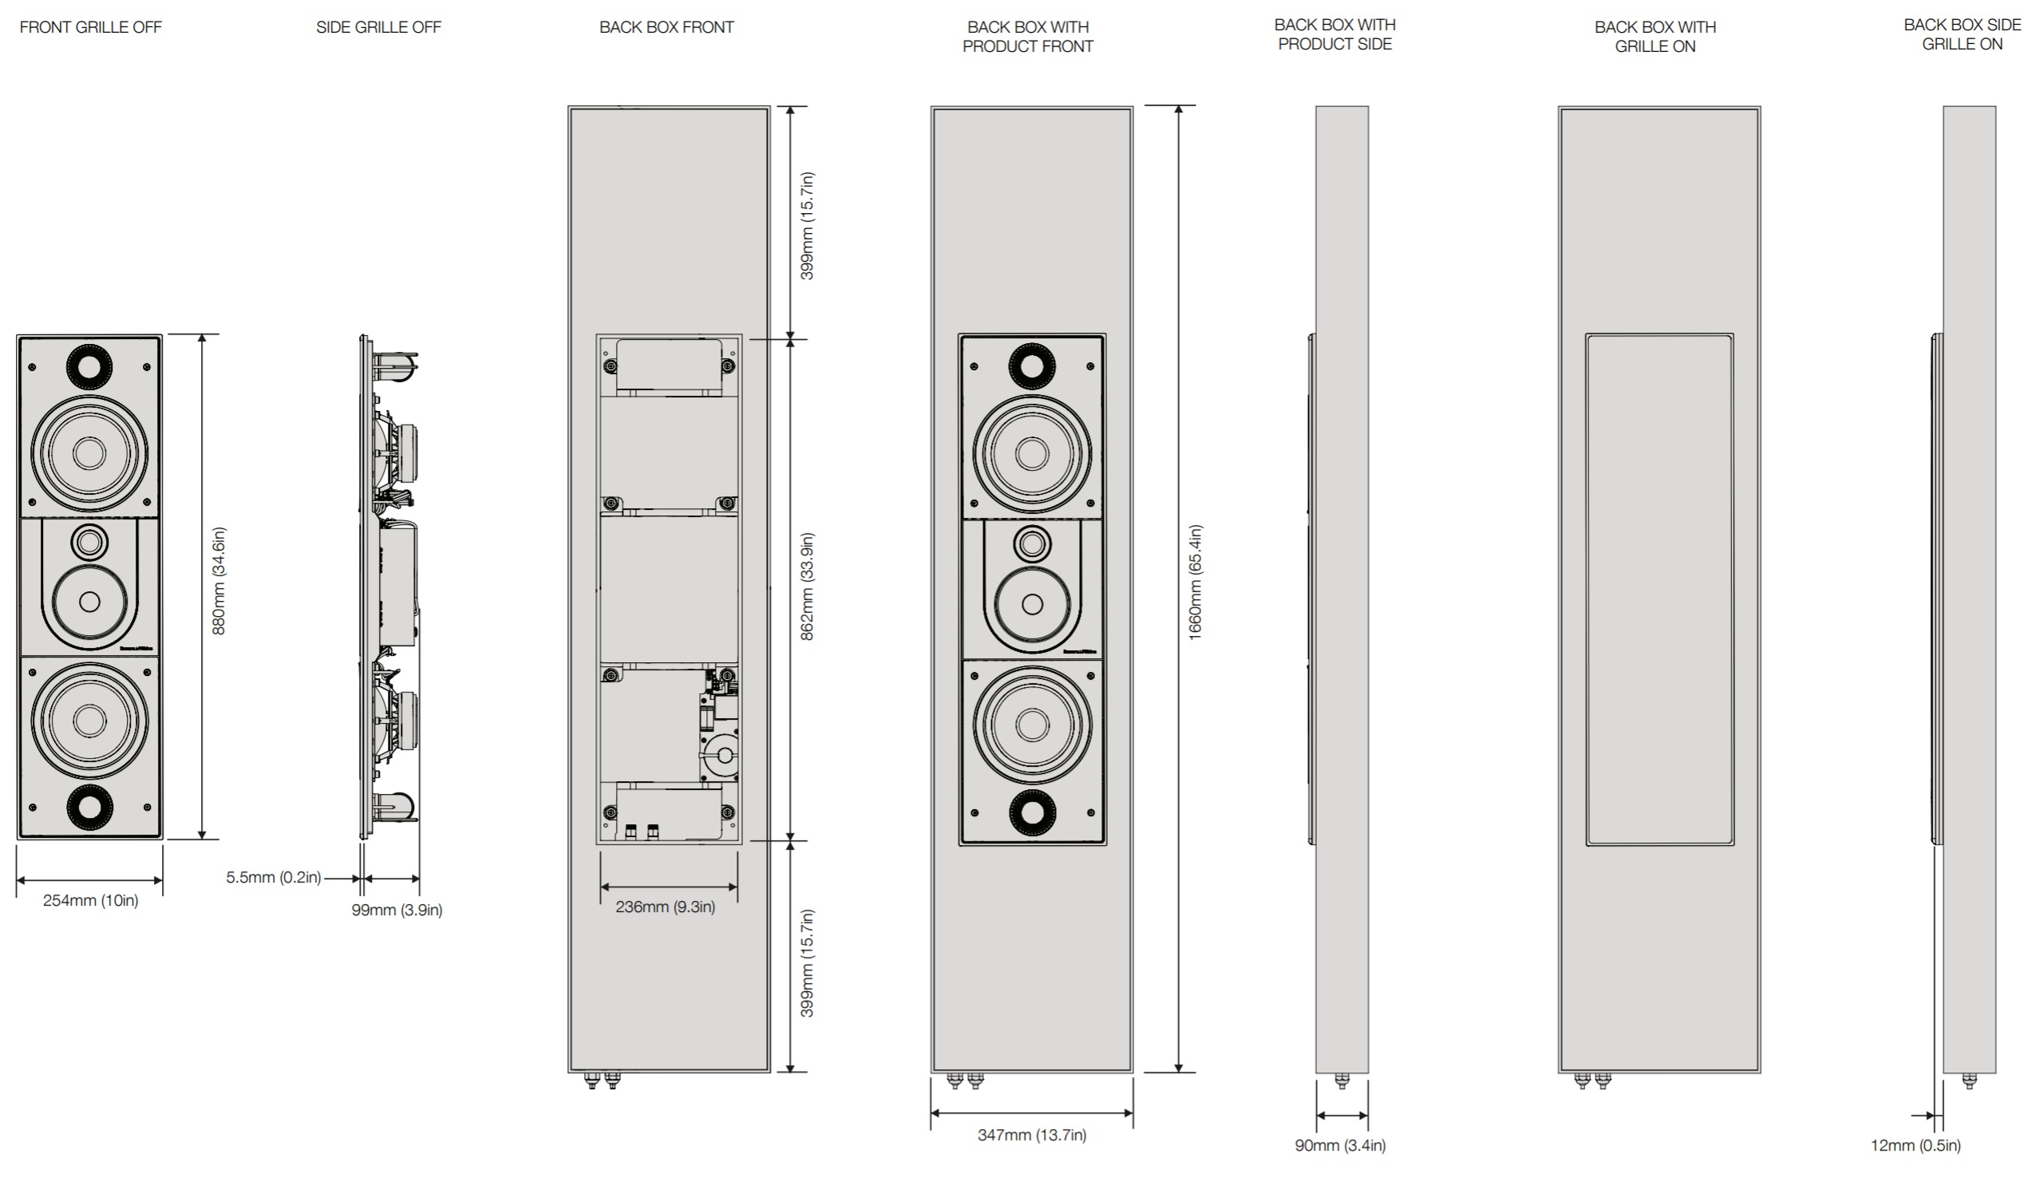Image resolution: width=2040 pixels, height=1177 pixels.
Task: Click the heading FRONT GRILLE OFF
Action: click(x=90, y=27)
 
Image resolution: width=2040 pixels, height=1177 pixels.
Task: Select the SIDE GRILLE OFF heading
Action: click(x=378, y=27)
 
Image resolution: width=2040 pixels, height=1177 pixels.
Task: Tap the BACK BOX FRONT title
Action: click(x=666, y=27)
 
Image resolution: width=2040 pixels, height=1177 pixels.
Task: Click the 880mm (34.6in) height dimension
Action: click(x=219, y=581)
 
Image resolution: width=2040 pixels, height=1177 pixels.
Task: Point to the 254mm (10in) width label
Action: click(x=90, y=901)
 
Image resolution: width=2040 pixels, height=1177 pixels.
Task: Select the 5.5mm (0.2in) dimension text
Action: click(x=273, y=877)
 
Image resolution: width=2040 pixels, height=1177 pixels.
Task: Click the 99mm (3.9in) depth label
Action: click(x=396, y=910)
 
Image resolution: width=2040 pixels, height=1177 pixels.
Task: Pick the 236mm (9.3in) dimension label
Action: click(x=666, y=907)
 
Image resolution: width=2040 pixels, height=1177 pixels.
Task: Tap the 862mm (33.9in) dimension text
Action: click(x=807, y=587)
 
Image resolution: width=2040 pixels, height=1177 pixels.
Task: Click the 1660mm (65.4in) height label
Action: click(x=1196, y=583)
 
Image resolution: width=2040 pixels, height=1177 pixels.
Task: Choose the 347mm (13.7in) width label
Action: click(x=1032, y=1135)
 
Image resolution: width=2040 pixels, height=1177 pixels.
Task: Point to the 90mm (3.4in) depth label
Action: click(x=1340, y=1145)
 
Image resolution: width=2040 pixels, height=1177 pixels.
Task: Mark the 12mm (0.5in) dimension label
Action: click(x=1915, y=1145)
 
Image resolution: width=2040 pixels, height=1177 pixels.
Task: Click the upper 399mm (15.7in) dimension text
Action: click(x=807, y=227)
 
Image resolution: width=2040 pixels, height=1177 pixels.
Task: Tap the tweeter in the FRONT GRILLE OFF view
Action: click(x=89, y=542)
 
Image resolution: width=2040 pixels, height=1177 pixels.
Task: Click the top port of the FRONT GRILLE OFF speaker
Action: click(x=89, y=365)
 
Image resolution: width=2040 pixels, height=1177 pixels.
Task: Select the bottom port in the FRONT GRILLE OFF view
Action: click(x=89, y=806)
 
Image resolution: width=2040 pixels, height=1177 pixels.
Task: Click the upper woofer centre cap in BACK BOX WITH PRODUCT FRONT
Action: click(x=1032, y=453)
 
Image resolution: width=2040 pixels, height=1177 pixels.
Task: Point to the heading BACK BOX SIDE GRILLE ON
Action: click(x=1962, y=35)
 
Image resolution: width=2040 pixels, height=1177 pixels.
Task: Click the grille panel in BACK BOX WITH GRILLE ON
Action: click(x=1659, y=590)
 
